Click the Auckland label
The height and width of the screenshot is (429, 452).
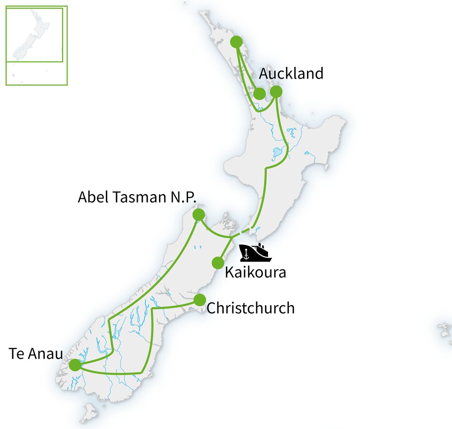[291, 74]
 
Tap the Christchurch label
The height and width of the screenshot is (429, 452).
[250, 308]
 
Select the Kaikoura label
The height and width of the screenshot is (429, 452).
[255, 273]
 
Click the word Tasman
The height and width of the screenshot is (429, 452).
[141, 197]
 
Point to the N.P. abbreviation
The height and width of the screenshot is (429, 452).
[186, 197]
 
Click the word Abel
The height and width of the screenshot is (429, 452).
[93, 197]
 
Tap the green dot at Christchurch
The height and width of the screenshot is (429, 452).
[200, 300]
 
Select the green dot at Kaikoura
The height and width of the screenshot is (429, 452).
[218, 263]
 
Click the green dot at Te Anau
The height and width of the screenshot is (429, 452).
[75, 364]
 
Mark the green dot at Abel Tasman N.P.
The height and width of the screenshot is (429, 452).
[198, 214]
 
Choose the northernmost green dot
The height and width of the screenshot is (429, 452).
[236, 42]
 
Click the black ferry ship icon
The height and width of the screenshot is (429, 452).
[255, 253]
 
